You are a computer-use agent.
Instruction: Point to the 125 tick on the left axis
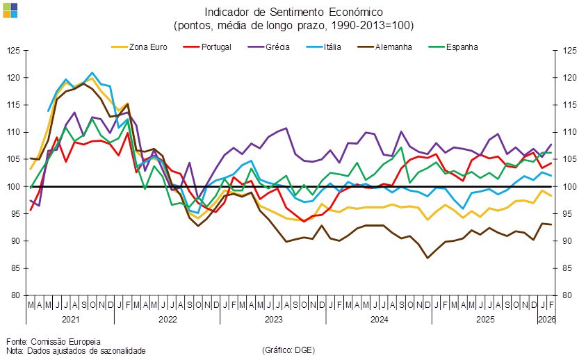pyautogui.click(x=14, y=51)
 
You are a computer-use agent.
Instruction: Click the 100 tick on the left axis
pyautogui.click(x=14, y=186)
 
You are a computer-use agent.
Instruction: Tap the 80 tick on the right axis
pyautogui.click(x=569, y=295)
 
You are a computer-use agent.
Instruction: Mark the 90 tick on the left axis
pyautogui.click(x=14, y=240)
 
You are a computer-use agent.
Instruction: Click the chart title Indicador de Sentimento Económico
pyautogui.click(x=293, y=12)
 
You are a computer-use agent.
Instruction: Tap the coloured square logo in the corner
pyautogui.click(x=10, y=10)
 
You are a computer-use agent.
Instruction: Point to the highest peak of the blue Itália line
pyautogui.click(x=92, y=72)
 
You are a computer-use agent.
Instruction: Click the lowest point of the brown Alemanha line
pyautogui.click(x=428, y=258)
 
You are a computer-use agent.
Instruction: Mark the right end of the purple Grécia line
pyautogui.click(x=552, y=144)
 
